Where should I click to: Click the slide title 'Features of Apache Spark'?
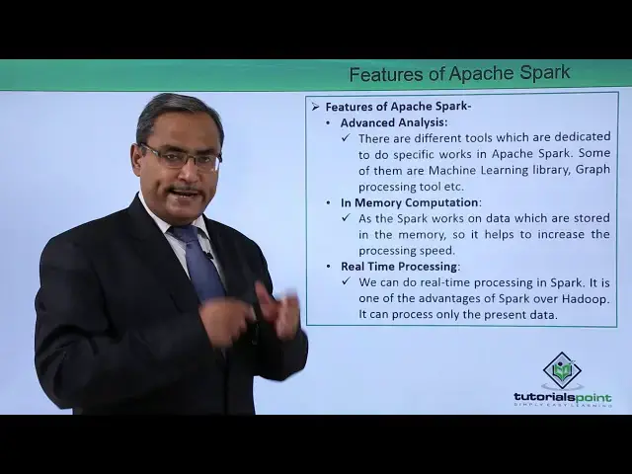pos(459,74)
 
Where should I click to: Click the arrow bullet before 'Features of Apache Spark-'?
pos(315,106)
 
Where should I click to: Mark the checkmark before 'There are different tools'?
pos(347,138)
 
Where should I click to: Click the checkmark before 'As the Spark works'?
pos(347,218)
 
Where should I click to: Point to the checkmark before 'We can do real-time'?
pos(347,282)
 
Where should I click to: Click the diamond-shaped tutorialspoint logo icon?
pos(562,369)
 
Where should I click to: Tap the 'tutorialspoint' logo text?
pos(562,397)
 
